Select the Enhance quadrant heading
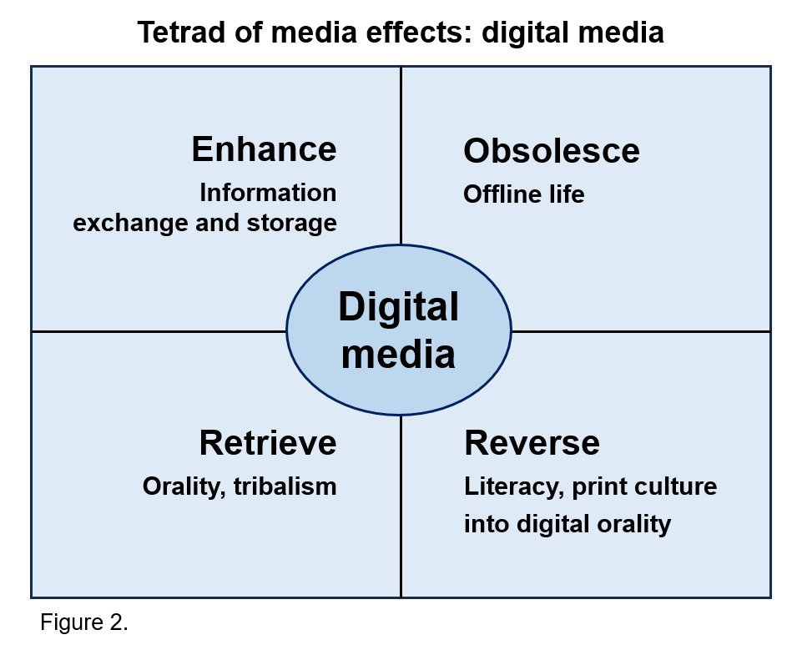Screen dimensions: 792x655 point(264,149)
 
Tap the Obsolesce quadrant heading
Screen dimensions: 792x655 point(552,151)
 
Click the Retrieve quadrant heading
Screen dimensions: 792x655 point(267,443)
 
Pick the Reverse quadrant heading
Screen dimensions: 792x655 point(532,443)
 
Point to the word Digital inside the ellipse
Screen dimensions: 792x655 point(398,307)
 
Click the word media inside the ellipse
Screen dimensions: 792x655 point(398,354)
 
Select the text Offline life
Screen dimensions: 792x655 point(524,194)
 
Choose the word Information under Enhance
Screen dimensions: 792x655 point(268,193)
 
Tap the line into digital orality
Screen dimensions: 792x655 point(568,524)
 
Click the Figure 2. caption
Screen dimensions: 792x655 point(84,622)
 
